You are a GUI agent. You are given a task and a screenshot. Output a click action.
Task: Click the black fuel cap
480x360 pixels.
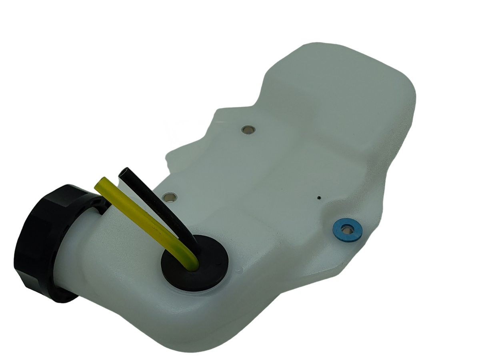[x=44, y=240]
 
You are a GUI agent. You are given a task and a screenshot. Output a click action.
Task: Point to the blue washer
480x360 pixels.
[x=347, y=230]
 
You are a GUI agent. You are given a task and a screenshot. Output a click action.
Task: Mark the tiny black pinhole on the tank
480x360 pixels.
[x=319, y=197]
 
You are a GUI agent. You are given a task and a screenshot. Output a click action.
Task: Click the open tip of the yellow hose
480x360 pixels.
[x=100, y=182]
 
